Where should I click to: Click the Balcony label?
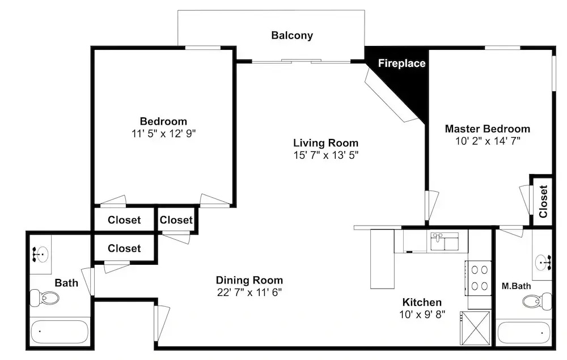click(x=292, y=35)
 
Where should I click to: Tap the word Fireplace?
click(x=402, y=63)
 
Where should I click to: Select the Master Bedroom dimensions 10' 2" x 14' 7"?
click(x=488, y=141)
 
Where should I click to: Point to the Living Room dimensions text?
click(x=326, y=155)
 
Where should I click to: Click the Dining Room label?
click(x=249, y=280)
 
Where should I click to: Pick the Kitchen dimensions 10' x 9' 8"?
click(x=422, y=315)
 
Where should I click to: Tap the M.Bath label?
click(x=516, y=286)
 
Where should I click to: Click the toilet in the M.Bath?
click(x=538, y=300)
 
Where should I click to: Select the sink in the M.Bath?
click(x=543, y=261)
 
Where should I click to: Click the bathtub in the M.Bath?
click(x=523, y=332)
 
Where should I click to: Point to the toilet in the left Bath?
click(x=44, y=298)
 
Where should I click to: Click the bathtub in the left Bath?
click(x=60, y=332)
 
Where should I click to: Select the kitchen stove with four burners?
click(x=479, y=278)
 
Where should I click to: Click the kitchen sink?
click(x=445, y=242)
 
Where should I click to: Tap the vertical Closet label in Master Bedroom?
click(x=543, y=201)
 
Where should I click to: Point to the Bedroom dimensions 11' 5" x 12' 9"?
click(x=163, y=134)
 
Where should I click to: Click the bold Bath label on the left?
click(x=66, y=283)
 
